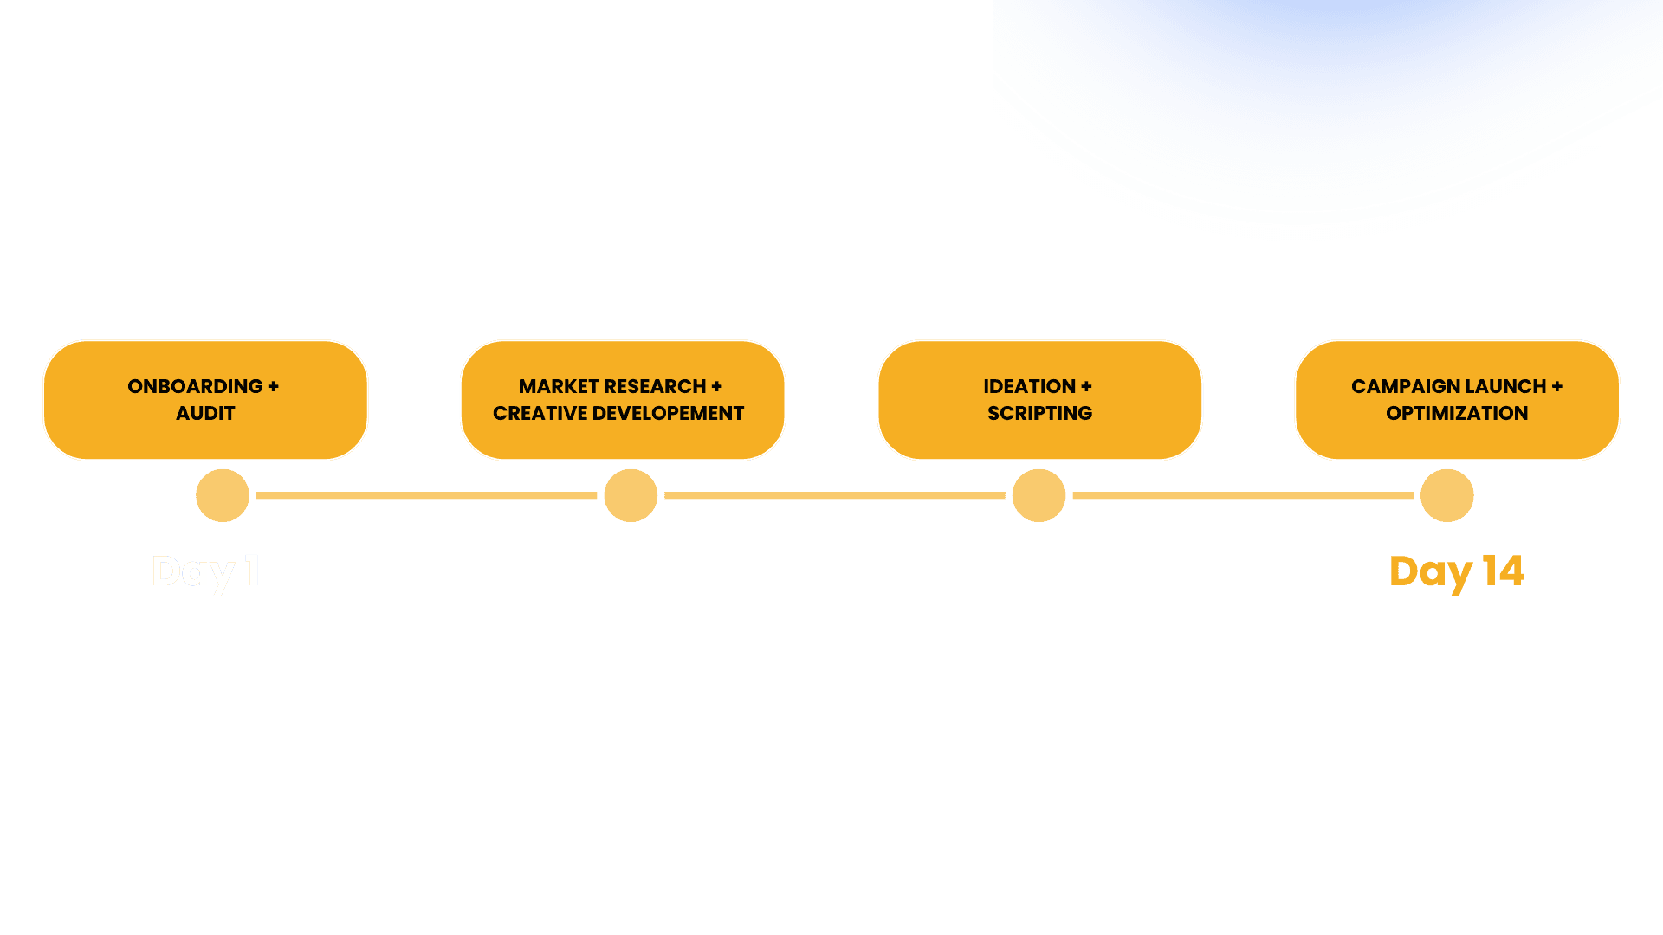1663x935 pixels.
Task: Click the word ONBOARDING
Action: coord(195,386)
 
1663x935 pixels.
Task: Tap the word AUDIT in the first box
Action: coord(205,413)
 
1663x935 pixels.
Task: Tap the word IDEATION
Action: coord(1029,386)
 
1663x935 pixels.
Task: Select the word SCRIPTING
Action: coord(1039,413)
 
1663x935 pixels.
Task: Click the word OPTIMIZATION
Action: coord(1457,413)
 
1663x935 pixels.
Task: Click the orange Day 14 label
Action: coord(1456,571)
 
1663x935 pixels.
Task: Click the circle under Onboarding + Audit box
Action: coord(223,495)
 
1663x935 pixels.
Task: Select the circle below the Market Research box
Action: coord(631,495)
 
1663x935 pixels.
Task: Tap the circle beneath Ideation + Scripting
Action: coord(1039,495)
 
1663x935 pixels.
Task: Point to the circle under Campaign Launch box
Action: coord(1446,495)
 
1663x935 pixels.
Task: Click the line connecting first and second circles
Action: coord(426,495)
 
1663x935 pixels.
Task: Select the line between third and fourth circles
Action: coord(1242,495)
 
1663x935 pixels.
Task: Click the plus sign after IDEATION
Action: coord(1086,386)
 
